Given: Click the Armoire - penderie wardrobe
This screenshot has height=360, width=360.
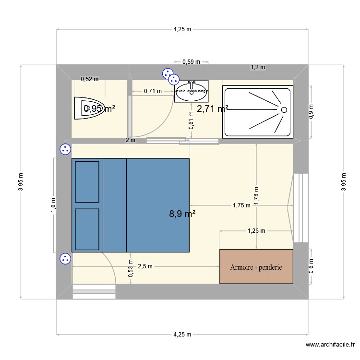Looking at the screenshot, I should [256, 266].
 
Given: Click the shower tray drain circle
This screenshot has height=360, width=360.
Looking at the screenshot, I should [284, 110].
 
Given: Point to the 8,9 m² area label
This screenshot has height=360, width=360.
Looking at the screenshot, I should [182, 214].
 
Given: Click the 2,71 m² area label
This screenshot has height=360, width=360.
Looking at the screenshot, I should [212, 109].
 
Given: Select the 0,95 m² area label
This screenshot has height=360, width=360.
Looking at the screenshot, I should [99, 109].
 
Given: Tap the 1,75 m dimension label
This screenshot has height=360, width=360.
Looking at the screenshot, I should [241, 205].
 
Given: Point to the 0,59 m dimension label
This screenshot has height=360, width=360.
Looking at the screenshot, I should [191, 61].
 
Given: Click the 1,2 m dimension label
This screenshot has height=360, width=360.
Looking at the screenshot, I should [258, 67].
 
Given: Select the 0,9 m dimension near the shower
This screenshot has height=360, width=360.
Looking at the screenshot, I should [311, 111].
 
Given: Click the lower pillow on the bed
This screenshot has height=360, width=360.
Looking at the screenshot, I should [87, 229].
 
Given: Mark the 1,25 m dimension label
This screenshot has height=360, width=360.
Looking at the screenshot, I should [256, 231].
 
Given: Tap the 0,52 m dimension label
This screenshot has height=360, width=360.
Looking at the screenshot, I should [89, 79].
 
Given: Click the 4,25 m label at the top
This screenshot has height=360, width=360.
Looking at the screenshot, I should [182, 29].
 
